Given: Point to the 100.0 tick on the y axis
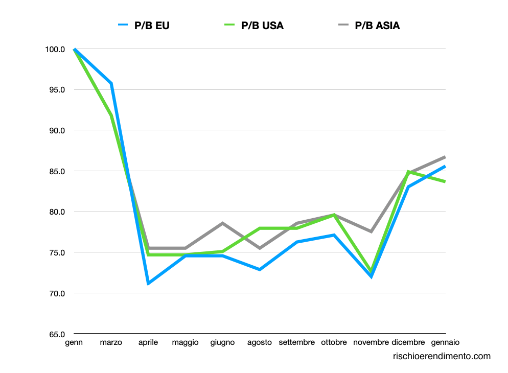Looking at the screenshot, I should click(x=55, y=49).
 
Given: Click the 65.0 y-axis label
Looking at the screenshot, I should click(x=55, y=334).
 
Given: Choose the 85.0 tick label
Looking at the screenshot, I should click(x=55, y=171).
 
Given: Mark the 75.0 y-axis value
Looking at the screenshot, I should click(x=55, y=252).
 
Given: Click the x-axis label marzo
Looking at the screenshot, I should click(x=111, y=342).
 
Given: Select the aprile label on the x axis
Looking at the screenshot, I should click(x=148, y=342).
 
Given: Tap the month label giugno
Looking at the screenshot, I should click(x=222, y=342).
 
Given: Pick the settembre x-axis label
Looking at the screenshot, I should click(x=297, y=342).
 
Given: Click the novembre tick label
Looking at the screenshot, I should click(x=371, y=342).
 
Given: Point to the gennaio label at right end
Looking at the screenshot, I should click(x=445, y=342).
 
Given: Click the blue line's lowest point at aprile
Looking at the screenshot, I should click(x=148, y=283).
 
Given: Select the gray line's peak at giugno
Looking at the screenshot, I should click(x=222, y=223).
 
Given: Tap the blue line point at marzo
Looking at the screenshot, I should click(x=111, y=83).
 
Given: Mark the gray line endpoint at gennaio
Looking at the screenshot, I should click(x=445, y=157).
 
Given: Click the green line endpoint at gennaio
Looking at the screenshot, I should click(x=445, y=181).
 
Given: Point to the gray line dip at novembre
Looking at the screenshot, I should click(x=371, y=231).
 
